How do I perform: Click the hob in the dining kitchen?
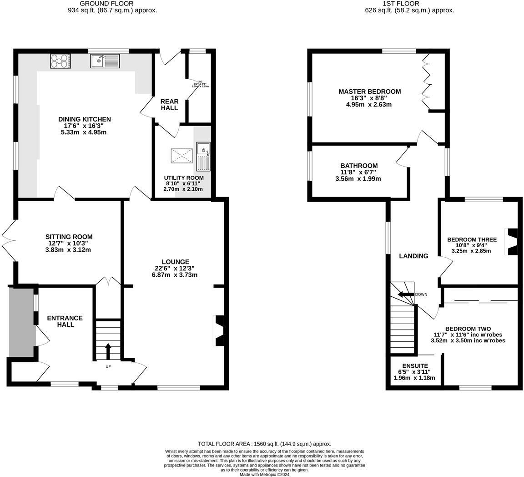(x=60, y=61)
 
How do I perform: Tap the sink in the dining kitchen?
(x=105, y=61)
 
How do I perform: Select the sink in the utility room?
(x=203, y=155)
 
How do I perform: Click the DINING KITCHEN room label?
(x=85, y=119)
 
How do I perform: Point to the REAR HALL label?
(x=169, y=105)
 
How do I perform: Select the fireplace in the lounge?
(x=219, y=331)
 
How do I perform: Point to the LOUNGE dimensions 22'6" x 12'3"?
(x=176, y=269)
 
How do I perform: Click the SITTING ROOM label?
(x=69, y=237)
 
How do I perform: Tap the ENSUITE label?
(x=415, y=366)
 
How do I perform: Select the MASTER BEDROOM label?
(x=369, y=91)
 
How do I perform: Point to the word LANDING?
(x=413, y=256)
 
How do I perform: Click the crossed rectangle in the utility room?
(x=181, y=156)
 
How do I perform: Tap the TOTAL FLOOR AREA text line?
(x=264, y=444)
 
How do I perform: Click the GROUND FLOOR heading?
(x=106, y=4)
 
